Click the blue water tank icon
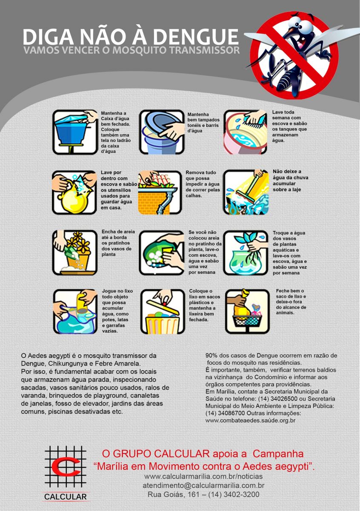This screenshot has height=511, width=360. click(x=75, y=132)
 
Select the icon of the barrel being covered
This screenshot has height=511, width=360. click(x=162, y=132)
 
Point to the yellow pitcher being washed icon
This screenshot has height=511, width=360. click(x=74, y=192)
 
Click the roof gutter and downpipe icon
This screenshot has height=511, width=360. click(x=160, y=192)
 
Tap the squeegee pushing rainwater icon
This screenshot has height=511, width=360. click(x=246, y=192)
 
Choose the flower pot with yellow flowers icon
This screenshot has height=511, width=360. click(x=75, y=253)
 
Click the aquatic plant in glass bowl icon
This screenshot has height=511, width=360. click(x=246, y=253)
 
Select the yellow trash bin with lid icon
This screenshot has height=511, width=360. click(x=163, y=312)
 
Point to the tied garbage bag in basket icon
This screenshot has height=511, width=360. click(x=247, y=311)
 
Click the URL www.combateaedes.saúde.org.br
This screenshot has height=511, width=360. click(x=250, y=420)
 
